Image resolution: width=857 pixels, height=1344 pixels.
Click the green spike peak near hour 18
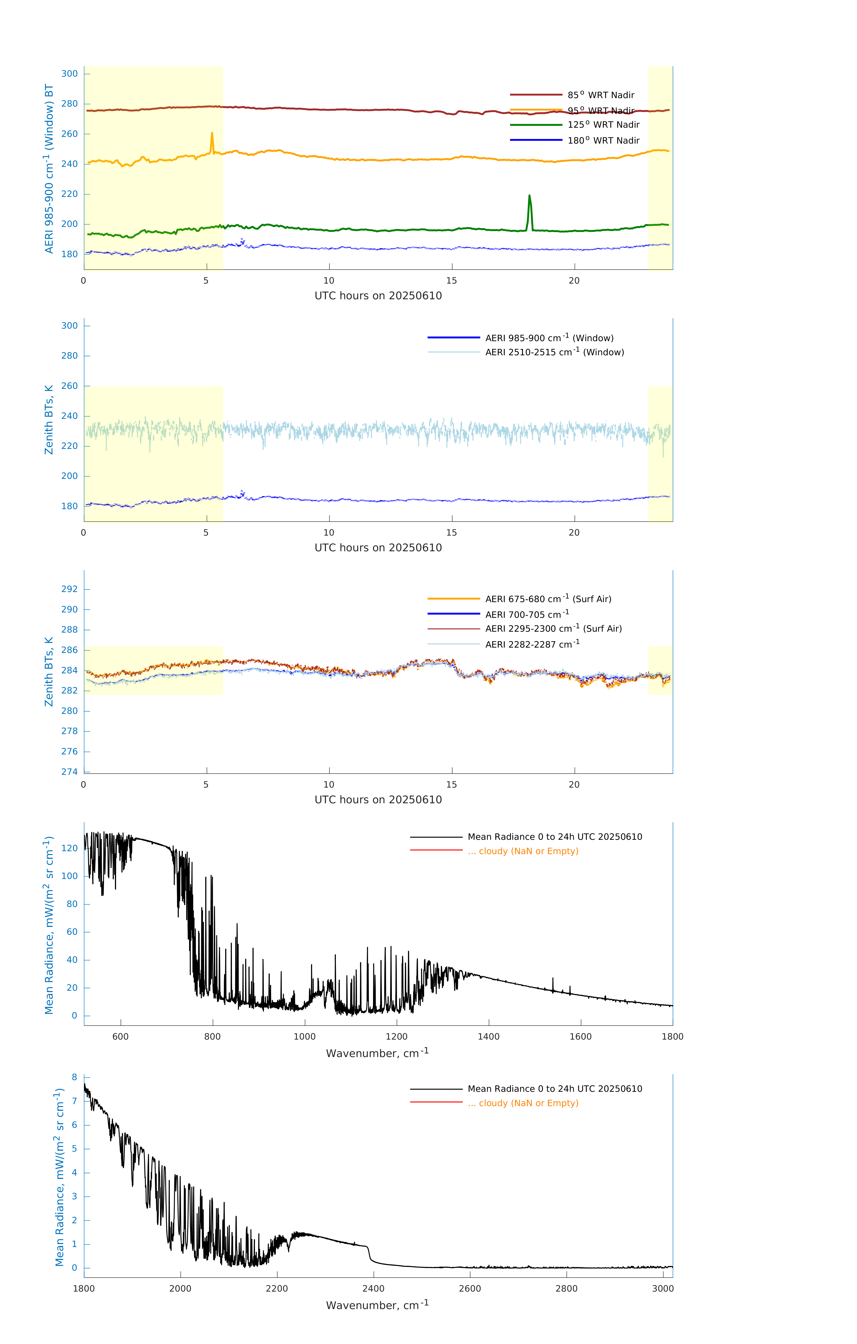pos(529,195)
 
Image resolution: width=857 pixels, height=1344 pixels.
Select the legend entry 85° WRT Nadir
pos(601,95)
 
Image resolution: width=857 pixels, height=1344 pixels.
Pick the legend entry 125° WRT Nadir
pos(603,125)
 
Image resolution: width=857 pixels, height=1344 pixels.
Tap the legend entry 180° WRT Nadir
pos(603,141)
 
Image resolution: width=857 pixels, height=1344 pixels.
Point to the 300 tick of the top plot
pos(70,74)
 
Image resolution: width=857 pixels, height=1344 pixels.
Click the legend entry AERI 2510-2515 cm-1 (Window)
pos(554,352)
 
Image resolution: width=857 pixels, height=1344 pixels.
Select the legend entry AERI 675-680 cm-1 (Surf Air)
pos(548,599)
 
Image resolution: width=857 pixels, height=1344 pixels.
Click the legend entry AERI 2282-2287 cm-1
pos(532,644)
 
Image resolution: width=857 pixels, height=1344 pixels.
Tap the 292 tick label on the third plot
pos(70,589)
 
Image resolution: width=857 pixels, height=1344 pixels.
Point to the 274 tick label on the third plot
pos(70,772)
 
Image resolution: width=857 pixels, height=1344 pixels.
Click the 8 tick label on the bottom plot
pos(74,1077)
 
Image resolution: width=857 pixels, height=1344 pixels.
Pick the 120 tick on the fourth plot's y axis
pos(70,848)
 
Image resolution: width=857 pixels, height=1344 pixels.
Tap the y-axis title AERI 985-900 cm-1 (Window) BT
pos(49,169)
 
